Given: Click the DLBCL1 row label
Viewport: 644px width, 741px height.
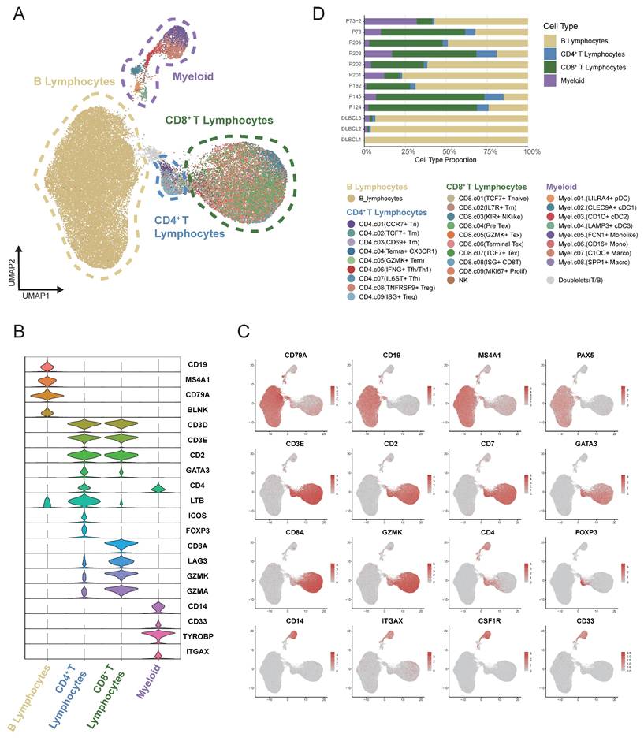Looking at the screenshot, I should click(x=351, y=140).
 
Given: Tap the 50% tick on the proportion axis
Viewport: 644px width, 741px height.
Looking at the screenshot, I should click(x=448, y=151).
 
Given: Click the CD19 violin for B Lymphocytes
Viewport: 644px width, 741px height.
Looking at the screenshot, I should click(x=47, y=366).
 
